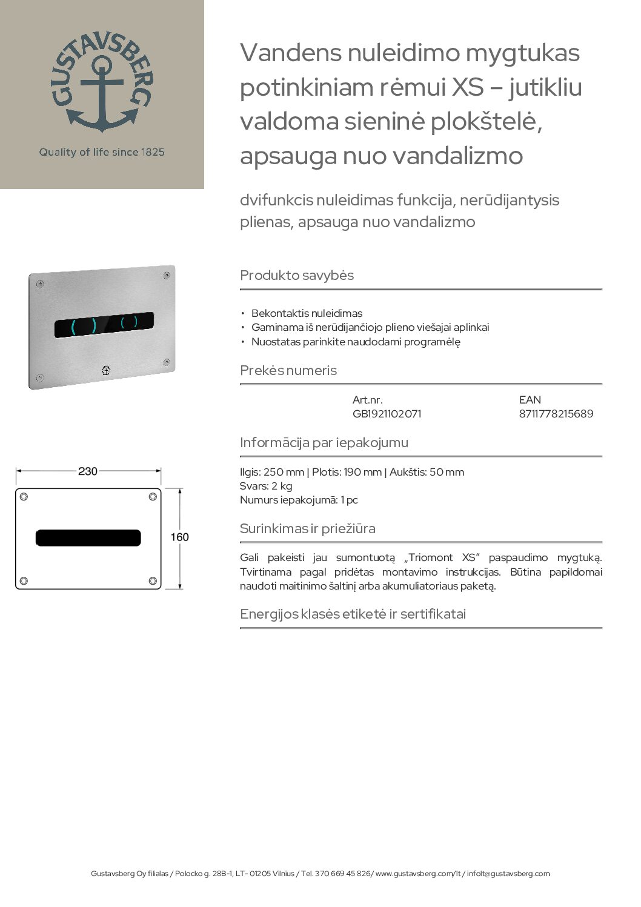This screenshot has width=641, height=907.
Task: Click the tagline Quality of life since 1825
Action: pos(102,152)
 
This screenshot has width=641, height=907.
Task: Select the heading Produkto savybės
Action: pos(297,275)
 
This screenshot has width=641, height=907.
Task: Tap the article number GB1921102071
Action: pos(387,414)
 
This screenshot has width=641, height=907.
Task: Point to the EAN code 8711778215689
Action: pos(556,414)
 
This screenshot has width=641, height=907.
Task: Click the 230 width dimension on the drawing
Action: pos(88,471)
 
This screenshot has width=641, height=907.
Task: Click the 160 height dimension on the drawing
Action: pos(179,537)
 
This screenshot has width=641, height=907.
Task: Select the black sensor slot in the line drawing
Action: pos(88,537)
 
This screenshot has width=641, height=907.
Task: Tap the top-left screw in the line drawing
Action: pos(24,497)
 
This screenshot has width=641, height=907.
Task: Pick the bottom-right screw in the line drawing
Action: pos(153,580)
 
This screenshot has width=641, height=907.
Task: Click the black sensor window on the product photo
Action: pos(104,325)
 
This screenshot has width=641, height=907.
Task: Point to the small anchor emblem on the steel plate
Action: pos(106,370)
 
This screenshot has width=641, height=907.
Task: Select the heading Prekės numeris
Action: pos(288,370)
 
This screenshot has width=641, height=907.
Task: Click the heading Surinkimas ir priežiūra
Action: pos(308,528)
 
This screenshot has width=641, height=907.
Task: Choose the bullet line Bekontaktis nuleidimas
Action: pos(307,313)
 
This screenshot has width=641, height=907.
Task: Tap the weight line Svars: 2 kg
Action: pos(266,486)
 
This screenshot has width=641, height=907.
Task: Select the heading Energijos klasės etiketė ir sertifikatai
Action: pos(353,614)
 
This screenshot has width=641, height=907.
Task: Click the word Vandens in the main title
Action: pos(290,53)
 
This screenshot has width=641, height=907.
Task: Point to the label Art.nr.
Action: pos(367,400)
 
